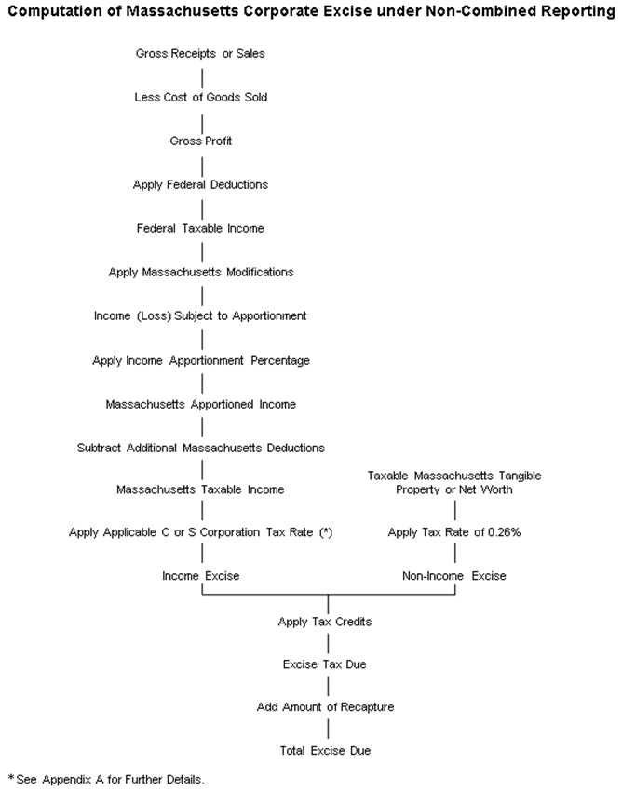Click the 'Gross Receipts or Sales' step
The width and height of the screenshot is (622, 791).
tap(200, 53)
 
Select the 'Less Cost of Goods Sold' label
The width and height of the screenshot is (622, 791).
tap(200, 97)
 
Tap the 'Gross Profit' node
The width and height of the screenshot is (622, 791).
tap(200, 141)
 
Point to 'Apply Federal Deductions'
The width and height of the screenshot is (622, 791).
tap(200, 184)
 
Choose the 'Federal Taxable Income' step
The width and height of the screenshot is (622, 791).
tap(200, 228)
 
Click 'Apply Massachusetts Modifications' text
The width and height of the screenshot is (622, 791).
tap(200, 272)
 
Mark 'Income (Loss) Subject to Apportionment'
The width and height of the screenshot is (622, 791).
tap(200, 315)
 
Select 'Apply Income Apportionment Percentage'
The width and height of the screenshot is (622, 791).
tap(200, 360)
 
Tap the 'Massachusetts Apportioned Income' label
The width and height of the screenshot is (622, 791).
tap(200, 404)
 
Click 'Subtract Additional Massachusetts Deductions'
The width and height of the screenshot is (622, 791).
tap(200, 448)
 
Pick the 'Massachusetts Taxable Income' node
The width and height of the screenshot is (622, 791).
tap(200, 489)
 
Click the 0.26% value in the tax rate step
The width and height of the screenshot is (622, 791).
tap(502, 532)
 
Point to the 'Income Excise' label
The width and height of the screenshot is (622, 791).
tap(200, 576)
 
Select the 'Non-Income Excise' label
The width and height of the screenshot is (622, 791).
tap(454, 576)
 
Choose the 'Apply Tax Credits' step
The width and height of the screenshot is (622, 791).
tap(327, 621)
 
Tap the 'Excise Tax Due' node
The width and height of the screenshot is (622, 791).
tap(327, 664)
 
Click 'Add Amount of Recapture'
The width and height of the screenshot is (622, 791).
tap(327, 707)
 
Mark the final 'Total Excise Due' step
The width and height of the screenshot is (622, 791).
tap(327, 750)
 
